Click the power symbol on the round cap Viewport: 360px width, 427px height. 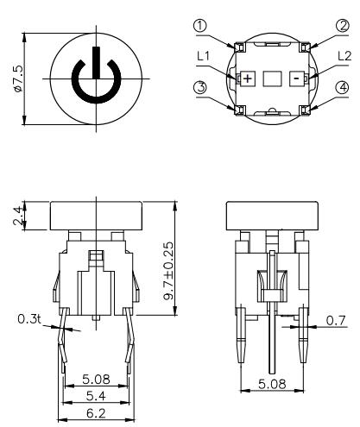point(91,76)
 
